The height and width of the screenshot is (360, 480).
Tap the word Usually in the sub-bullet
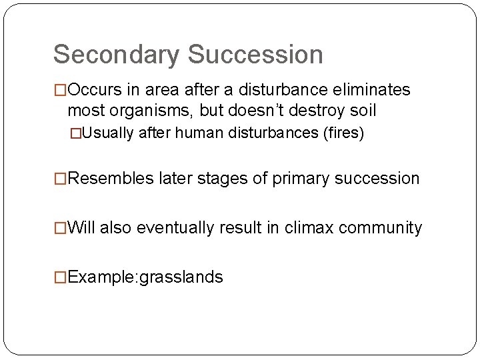(112, 134)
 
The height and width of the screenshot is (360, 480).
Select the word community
(381, 228)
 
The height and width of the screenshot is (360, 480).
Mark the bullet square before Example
(61, 277)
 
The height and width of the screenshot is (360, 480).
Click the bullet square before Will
(61, 228)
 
